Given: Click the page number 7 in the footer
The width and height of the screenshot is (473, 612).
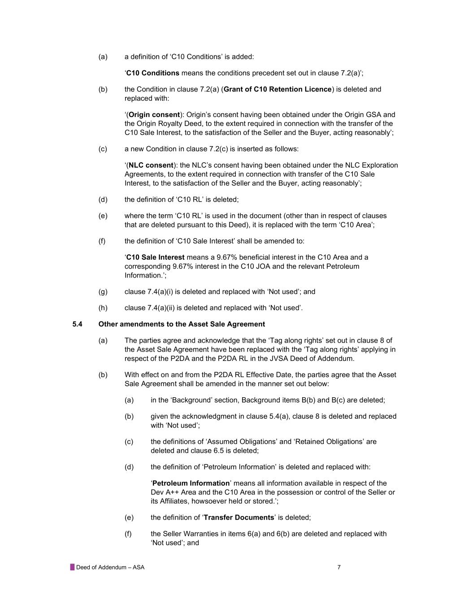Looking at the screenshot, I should pyautogui.click(x=339, y=567).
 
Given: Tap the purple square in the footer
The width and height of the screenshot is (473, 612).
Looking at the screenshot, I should pyautogui.click(x=72, y=567).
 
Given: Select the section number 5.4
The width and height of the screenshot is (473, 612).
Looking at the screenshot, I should pyautogui.click(x=77, y=324).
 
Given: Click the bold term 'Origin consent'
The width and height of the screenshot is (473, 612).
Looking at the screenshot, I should pyautogui.click(x=154, y=115).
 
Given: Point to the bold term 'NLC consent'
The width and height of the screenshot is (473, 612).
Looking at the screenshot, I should pyautogui.click(x=151, y=165).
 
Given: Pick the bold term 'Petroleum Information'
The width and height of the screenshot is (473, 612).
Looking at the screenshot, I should pyautogui.click(x=191, y=483).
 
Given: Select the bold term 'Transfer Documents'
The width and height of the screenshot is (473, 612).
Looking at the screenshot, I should pyautogui.click(x=239, y=517).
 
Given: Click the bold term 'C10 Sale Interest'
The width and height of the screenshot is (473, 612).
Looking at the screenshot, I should pyautogui.click(x=155, y=257).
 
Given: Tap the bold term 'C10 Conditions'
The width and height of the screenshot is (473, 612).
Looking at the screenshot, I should pyautogui.click(x=152, y=73).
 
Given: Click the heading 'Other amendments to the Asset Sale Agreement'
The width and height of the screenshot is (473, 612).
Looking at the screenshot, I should pyautogui.click(x=182, y=324).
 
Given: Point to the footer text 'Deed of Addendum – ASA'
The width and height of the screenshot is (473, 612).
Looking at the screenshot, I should pyautogui.click(x=110, y=567).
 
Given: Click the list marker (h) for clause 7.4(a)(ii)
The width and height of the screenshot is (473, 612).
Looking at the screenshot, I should pyautogui.click(x=103, y=308).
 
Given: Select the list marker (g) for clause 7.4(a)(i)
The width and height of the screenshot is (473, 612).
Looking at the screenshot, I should pyautogui.click(x=103, y=292).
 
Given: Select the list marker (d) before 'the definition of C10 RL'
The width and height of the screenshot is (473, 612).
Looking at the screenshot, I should pyautogui.click(x=103, y=200).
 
